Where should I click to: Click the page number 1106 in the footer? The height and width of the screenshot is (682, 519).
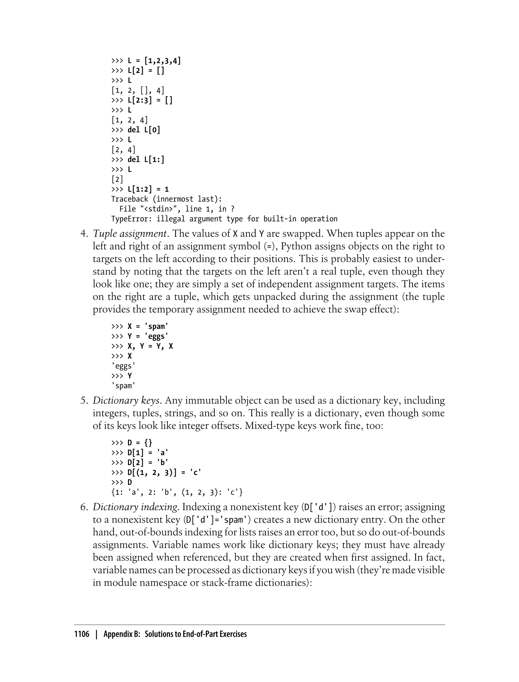point(82,634)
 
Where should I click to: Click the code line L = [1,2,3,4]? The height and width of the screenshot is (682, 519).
point(154,61)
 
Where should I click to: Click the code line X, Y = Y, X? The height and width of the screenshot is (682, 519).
point(150,346)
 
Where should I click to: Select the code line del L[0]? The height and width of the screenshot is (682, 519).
point(144,130)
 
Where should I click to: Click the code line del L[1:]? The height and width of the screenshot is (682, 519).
point(146,160)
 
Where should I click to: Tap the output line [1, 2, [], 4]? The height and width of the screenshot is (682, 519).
point(138,90)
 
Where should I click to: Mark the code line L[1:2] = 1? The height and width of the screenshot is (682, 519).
point(148,189)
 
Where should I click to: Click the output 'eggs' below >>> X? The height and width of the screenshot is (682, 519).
point(123,366)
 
